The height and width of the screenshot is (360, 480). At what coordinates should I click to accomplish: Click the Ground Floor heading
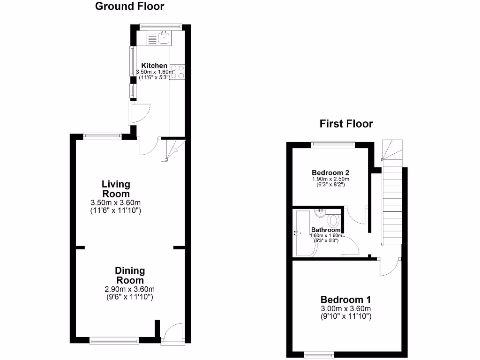click(130, 7)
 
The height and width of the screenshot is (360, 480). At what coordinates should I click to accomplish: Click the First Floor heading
click(346, 124)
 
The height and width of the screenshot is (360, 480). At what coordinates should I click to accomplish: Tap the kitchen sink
click(164, 37)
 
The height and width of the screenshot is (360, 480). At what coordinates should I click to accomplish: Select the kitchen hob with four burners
click(178, 72)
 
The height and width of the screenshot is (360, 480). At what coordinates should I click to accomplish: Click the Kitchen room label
click(154, 66)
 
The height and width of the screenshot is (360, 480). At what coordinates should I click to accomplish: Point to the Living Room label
click(116, 189)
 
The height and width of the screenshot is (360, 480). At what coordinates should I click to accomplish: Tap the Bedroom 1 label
click(345, 300)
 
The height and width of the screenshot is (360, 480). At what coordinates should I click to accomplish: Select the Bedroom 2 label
click(330, 172)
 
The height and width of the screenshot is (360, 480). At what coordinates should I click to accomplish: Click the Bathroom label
click(325, 230)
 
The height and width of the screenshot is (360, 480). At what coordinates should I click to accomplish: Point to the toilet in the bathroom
click(334, 220)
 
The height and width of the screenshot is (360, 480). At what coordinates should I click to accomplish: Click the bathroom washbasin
click(320, 214)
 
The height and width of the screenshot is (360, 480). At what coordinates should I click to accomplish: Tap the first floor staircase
click(392, 202)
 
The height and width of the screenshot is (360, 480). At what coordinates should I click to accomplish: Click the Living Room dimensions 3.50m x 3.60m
click(115, 207)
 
